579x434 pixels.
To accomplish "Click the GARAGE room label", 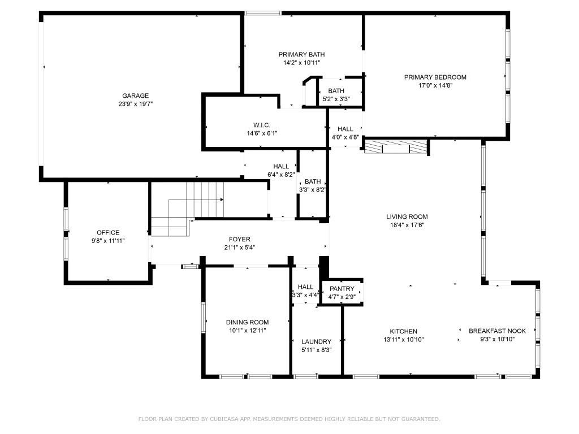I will (x=135, y=96).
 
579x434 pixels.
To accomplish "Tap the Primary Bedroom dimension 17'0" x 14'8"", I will (x=435, y=85).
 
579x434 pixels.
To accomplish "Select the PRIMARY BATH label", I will (x=301, y=54).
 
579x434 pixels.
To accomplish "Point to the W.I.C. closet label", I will (x=262, y=125).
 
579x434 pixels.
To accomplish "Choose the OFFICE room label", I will (x=108, y=232).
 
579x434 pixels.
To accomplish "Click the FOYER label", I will (x=239, y=239).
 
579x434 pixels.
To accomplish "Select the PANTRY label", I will (x=342, y=289).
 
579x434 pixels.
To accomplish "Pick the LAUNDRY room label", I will (x=316, y=341).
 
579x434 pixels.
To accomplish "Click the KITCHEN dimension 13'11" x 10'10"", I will (x=403, y=340).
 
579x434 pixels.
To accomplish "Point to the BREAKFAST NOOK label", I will (x=497, y=331).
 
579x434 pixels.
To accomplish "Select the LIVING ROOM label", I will (x=407, y=216).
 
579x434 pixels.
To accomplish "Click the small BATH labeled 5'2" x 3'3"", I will (x=336, y=90).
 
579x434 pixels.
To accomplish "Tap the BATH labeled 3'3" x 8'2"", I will (x=313, y=181).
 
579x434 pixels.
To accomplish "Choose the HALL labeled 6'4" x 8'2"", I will (x=281, y=166).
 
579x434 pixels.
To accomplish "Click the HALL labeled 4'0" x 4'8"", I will (x=345, y=129).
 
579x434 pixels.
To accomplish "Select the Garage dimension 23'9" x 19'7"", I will (x=135, y=104).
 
